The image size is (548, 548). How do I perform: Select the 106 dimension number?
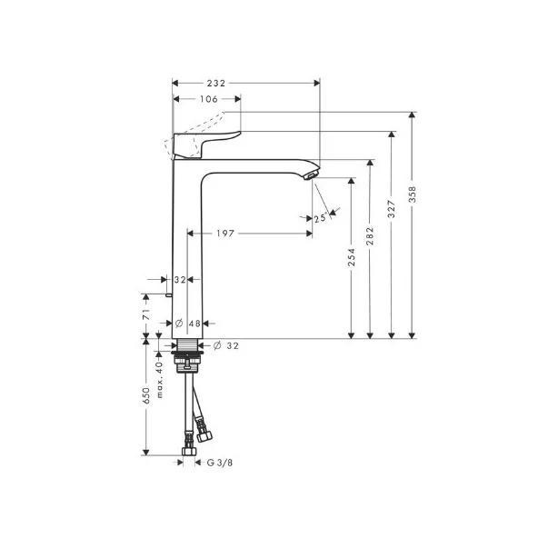(207, 100)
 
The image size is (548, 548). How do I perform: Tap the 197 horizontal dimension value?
(226, 234)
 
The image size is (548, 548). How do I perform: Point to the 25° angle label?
(320, 218)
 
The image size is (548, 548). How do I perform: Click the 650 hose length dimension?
(145, 397)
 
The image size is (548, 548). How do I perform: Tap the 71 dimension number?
(145, 314)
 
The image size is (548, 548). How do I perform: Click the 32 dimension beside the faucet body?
(179, 280)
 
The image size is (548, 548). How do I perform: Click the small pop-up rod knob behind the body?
(169, 294)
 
